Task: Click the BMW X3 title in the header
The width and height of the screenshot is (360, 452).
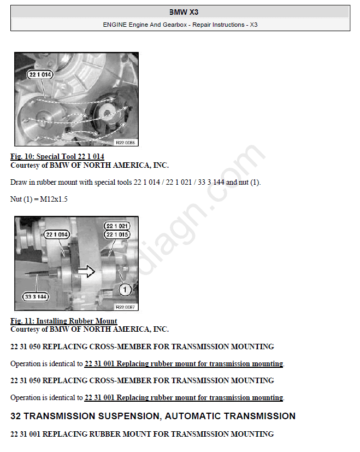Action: tap(184, 12)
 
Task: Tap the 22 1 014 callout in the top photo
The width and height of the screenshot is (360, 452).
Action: tap(40, 75)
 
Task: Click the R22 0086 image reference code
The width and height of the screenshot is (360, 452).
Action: tap(125, 143)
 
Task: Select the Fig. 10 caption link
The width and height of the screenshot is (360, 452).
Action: tap(57, 156)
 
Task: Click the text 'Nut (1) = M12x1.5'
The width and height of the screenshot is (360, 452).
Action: tap(39, 199)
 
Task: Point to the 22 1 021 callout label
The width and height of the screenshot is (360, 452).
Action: tap(117, 226)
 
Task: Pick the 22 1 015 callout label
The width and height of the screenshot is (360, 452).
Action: tap(117, 234)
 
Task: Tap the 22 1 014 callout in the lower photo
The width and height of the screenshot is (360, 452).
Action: tap(57, 234)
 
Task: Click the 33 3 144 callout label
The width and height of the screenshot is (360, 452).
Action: tap(36, 297)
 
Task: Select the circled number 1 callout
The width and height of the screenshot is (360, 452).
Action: tap(125, 290)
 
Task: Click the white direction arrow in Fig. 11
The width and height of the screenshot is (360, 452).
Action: tap(86, 271)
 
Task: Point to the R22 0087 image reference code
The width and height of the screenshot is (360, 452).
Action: tap(125, 307)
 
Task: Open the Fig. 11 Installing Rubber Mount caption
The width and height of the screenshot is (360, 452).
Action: tap(64, 321)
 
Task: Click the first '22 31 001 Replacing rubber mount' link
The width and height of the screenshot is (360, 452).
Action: tap(184, 364)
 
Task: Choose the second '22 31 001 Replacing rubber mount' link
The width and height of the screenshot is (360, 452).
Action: tap(184, 398)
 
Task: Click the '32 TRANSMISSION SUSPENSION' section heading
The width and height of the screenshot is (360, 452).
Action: tap(153, 416)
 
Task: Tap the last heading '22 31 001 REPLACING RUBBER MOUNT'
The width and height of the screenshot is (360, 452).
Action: tap(142, 434)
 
